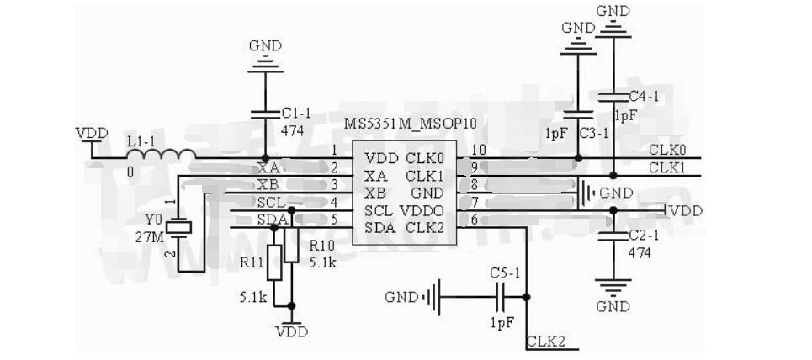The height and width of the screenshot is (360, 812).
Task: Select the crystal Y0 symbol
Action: (x=178, y=226)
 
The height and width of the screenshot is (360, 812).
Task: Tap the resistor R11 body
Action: (x=272, y=262)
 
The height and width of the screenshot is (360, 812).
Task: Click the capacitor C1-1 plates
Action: (x=266, y=113)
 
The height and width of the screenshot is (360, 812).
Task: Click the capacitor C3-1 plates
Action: (x=577, y=114)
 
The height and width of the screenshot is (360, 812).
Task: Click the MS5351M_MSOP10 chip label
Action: (x=410, y=124)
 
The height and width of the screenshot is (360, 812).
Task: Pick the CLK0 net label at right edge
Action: (x=667, y=150)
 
